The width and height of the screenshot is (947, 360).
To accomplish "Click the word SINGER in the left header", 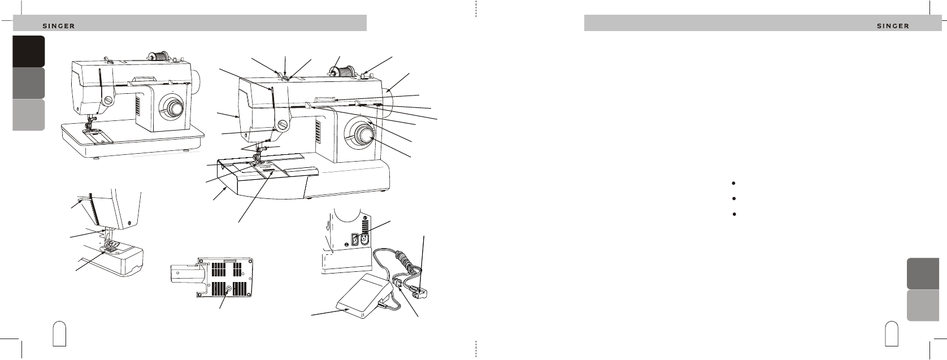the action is pyautogui.click(x=59, y=26).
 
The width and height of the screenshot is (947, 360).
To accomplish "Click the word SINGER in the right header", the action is pyautogui.click(x=893, y=26).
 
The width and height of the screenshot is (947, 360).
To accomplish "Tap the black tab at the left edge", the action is pyautogui.click(x=29, y=51).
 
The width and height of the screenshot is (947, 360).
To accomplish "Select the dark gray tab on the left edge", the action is pyautogui.click(x=29, y=83).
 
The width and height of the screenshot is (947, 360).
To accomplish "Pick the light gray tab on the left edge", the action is pyautogui.click(x=29, y=115).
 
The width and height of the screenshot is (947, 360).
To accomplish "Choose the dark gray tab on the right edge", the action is pyautogui.click(x=923, y=274).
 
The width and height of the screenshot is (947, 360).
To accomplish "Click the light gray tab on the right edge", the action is pyautogui.click(x=923, y=305).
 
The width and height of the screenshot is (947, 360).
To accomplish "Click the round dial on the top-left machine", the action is pyautogui.click(x=172, y=107).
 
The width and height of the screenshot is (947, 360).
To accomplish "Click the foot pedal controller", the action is pyautogui.click(x=364, y=295).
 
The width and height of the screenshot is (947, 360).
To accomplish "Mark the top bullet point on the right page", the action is pyautogui.click(x=734, y=183).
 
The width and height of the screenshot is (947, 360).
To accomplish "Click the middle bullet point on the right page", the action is pyautogui.click(x=734, y=198).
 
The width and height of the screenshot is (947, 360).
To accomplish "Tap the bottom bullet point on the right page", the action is pyautogui.click(x=734, y=214).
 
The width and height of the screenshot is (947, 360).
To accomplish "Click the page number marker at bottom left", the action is pyautogui.click(x=59, y=334).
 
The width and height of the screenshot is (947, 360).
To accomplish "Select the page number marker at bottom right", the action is pyautogui.click(x=892, y=334).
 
